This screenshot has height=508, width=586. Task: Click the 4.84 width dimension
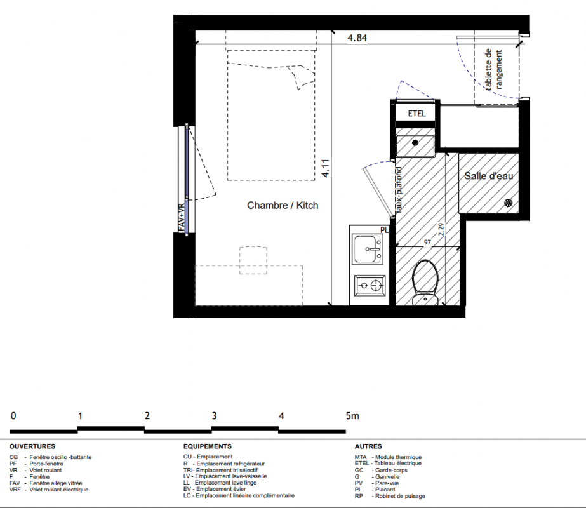[x=357, y=37]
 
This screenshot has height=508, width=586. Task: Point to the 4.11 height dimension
[x=326, y=168]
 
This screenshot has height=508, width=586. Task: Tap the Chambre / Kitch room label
[x=283, y=205]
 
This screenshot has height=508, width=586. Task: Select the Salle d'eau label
[x=488, y=176]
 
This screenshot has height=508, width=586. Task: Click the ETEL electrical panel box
[x=416, y=114]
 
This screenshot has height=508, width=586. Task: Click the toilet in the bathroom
[x=425, y=283]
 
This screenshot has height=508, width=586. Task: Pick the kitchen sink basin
[x=368, y=249]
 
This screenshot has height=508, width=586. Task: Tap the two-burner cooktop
[x=370, y=286]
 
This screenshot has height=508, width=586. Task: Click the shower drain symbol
[x=509, y=203]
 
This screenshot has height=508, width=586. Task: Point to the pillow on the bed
[x=301, y=77]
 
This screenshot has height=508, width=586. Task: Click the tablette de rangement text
[x=493, y=70]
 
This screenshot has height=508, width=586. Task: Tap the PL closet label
[x=384, y=230]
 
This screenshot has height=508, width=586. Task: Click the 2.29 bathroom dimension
[x=441, y=229]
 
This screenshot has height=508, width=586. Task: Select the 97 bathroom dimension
[x=427, y=242]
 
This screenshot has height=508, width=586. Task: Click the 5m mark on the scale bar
[x=352, y=416]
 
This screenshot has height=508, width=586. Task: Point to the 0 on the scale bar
[x=13, y=416]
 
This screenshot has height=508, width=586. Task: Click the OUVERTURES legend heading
[x=32, y=446]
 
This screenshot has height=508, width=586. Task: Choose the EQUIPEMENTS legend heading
[x=208, y=446]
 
